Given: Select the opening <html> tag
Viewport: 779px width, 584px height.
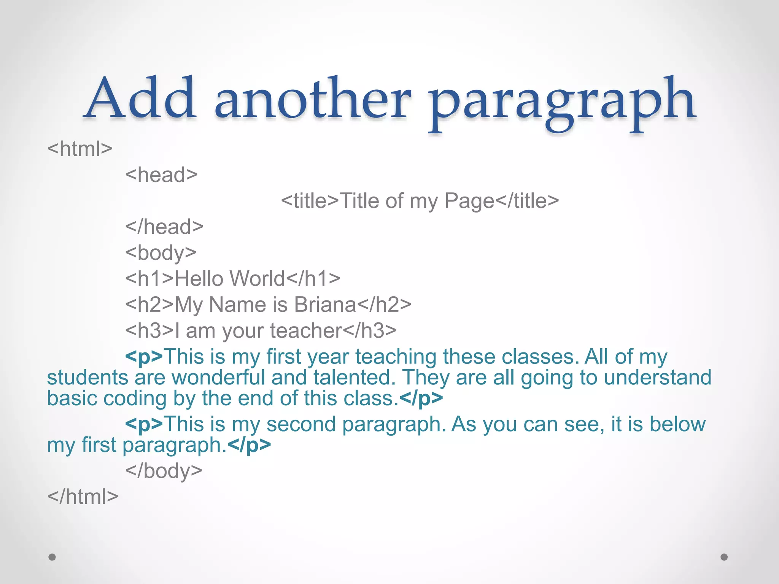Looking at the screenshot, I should (x=80, y=149).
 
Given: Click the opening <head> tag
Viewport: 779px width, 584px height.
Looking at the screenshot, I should (x=162, y=175).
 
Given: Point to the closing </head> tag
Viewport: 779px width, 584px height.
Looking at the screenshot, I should (x=164, y=227).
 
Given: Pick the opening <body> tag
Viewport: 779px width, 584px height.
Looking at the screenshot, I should (x=161, y=253).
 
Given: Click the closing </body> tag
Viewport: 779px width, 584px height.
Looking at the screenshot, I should (x=164, y=471).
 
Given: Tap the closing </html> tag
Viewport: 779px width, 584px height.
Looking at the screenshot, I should (x=83, y=497).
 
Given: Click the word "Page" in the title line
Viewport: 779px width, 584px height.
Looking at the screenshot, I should (x=469, y=202).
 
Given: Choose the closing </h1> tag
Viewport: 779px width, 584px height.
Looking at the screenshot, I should (x=313, y=279).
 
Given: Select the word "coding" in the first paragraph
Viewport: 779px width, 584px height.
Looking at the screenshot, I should (x=135, y=399).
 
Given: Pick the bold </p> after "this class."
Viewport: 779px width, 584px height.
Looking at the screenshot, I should (x=421, y=399).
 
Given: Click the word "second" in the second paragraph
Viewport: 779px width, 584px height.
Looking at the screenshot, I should (x=301, y=424).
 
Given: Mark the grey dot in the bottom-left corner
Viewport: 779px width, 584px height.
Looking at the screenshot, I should (x=52, y=557).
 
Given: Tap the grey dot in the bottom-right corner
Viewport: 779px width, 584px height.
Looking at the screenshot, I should (x=724, y=557).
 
